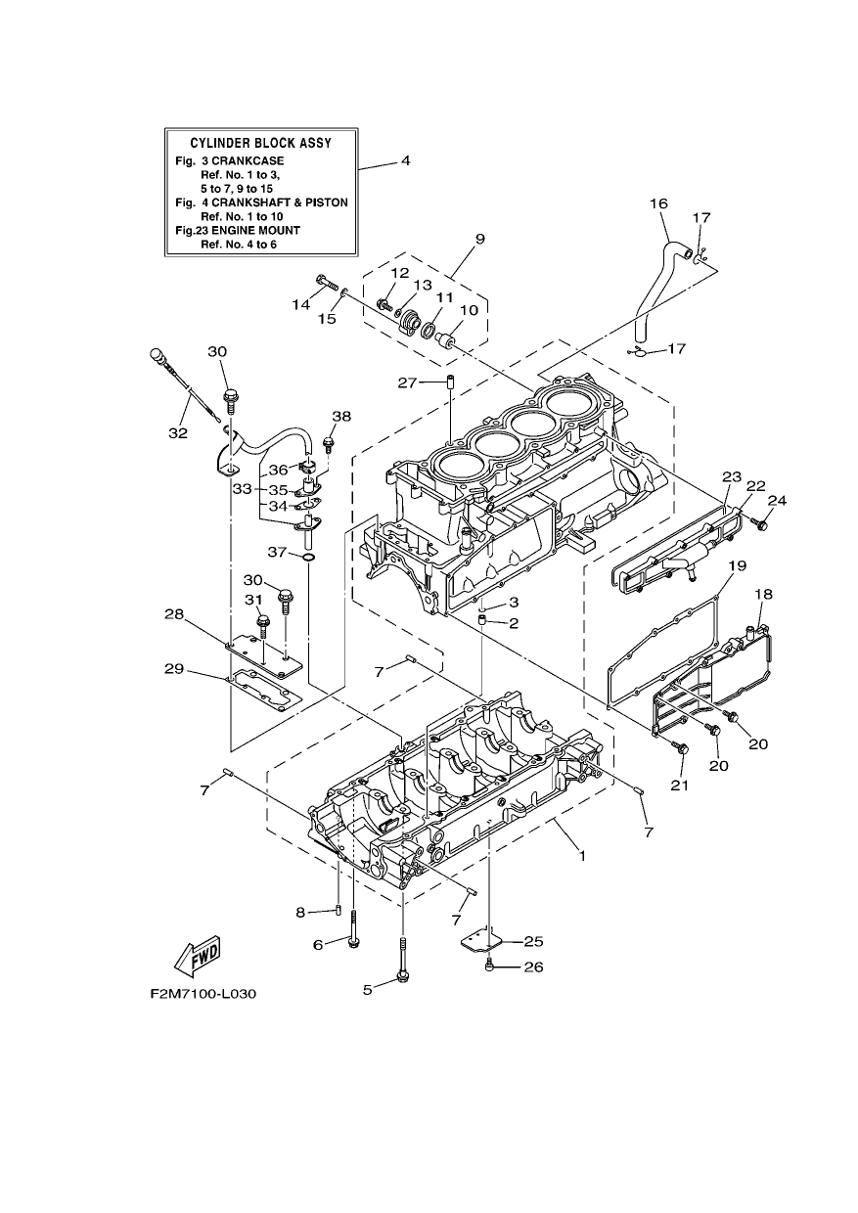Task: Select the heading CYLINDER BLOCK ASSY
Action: click(260, 143)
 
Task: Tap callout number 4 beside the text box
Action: click(406, 160)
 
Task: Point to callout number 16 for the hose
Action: click(659, 203)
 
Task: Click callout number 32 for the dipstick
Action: click(178, 432)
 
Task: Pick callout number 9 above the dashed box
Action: click(480, 239)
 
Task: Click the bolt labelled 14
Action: click(326, 283)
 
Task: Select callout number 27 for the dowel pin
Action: click(407, 382)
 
